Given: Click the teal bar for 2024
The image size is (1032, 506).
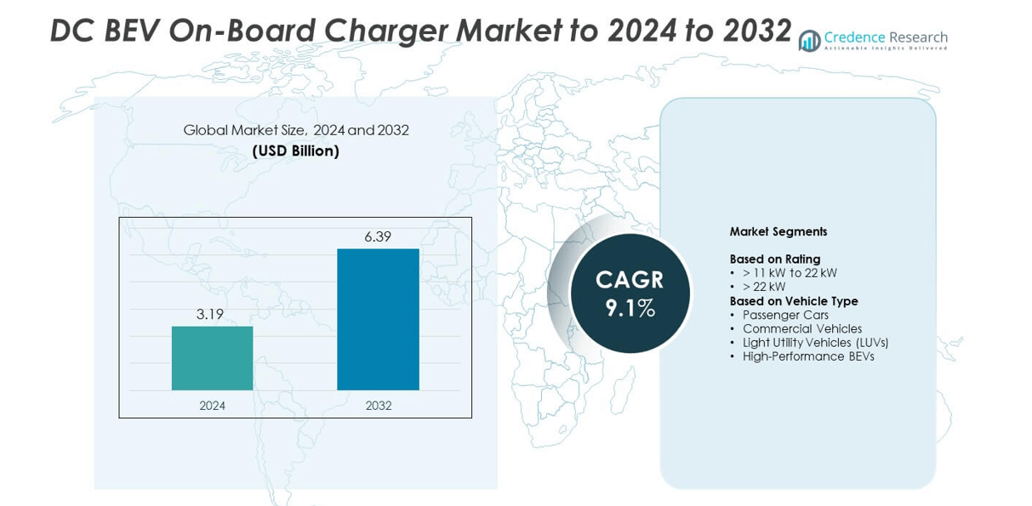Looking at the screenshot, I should (212, 358).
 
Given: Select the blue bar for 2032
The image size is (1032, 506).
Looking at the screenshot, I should (378, 319).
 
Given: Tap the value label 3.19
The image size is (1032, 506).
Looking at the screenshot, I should (210, 314).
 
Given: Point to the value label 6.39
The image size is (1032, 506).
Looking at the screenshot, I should (378, 236).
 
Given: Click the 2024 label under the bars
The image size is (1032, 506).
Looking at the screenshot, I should (212, 406).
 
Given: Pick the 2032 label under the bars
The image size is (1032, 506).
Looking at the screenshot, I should (379, 406).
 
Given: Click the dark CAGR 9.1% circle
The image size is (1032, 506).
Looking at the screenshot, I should (630, 293).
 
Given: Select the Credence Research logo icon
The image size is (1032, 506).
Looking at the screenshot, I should (809, 40).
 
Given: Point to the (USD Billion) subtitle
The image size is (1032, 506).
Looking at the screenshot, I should (295, 151).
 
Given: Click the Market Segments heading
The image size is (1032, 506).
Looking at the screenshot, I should (778, 231).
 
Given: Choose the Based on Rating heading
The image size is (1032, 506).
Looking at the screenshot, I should (775, 259).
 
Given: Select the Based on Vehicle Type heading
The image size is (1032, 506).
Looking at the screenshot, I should (794, 301).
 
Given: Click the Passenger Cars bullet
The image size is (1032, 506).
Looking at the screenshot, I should (785, 315).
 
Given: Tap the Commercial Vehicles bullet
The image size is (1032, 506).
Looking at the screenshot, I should (802, 328).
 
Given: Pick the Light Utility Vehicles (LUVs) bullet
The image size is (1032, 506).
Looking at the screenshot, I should (815, 342).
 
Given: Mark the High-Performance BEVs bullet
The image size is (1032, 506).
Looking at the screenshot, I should (808, 356).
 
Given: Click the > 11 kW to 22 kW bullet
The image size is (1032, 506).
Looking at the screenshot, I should (790, 273).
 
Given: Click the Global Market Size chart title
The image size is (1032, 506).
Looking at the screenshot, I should (296, 130).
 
